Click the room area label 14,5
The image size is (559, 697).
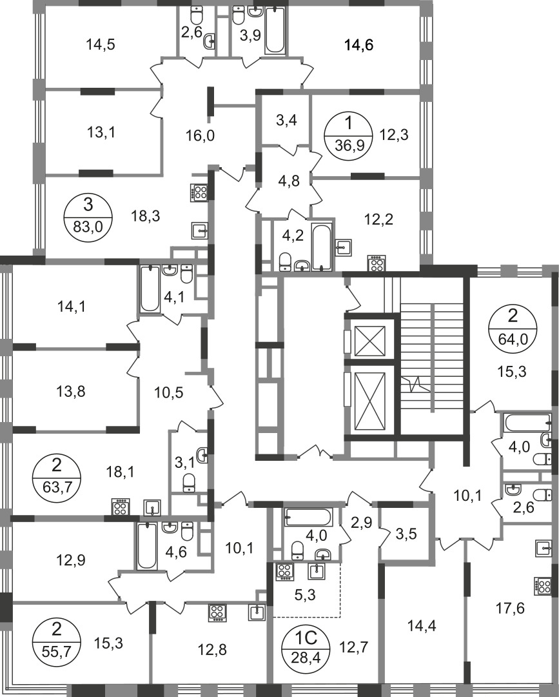click(x=101, y=45)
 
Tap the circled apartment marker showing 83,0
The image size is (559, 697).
click(x=88, y=216)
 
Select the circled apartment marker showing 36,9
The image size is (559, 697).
click(x=349, y=132)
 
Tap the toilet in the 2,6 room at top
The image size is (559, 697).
click(x=196, y=16)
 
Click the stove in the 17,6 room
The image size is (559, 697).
click(x=541, y=586)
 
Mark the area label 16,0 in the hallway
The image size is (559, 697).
click(x=200, y=135)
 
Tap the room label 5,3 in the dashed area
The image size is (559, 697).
click(x=305, y=595)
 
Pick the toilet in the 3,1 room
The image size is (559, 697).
click(x=189, y=483)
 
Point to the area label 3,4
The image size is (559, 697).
click(x=286, y=120)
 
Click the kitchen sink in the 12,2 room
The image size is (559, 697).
click(x=344, y=247)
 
